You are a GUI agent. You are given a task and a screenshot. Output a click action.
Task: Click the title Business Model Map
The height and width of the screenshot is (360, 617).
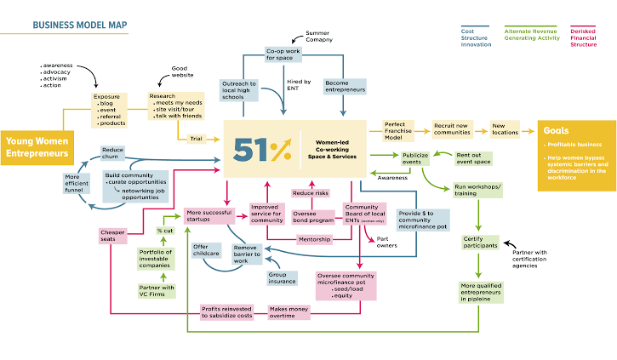click(x=80, y=25)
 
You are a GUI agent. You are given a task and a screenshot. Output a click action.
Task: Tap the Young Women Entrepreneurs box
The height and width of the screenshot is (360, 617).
click(x=37, y=146)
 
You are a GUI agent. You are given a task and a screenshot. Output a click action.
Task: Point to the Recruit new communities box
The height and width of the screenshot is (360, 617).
click(x=452, y=129)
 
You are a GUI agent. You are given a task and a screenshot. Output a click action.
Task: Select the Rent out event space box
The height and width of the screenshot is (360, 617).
click(x=473, y=158)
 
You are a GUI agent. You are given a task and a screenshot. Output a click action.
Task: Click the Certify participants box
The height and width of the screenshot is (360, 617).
click(x=481, y=242)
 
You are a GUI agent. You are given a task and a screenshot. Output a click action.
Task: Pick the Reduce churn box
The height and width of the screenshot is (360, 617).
click(x=114, y=153)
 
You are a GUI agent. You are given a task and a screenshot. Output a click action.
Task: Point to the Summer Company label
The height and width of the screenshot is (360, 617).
click(x=318, y=37)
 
